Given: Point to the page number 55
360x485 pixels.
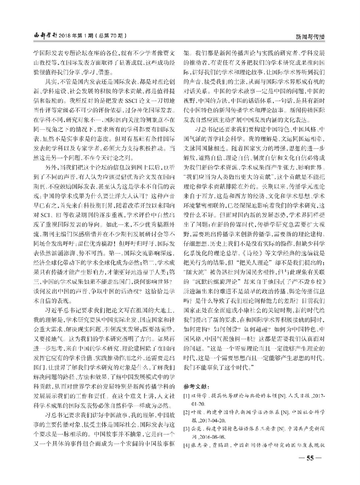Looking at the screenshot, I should [311, 458].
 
